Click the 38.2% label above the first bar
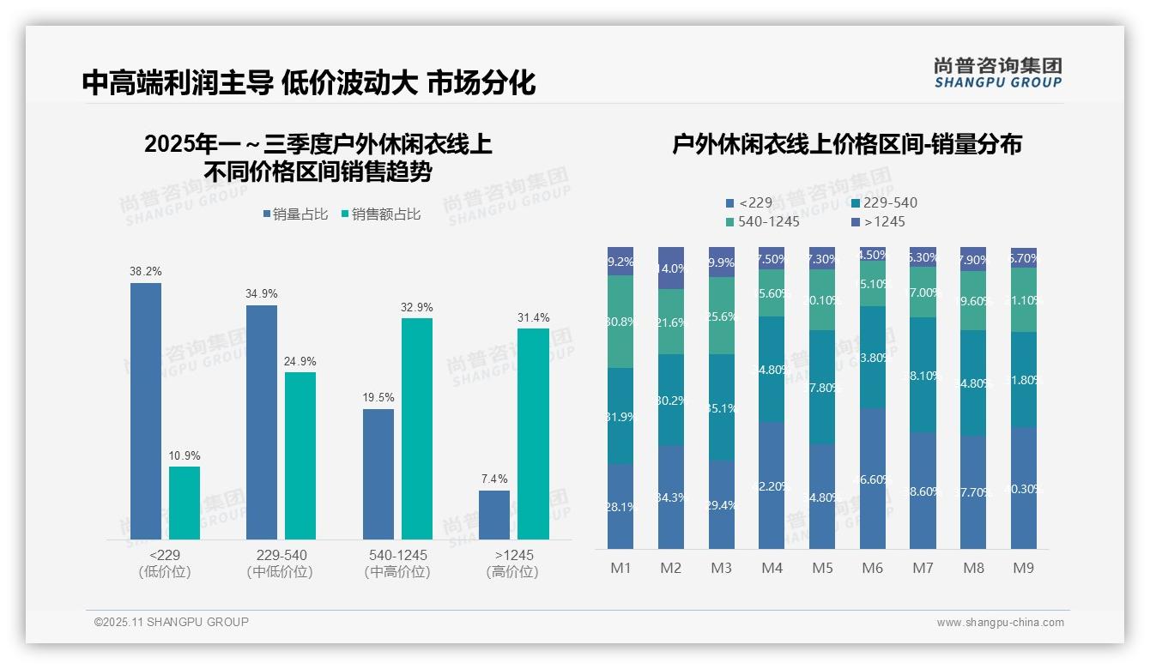[146, 272]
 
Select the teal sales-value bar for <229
[185, 503]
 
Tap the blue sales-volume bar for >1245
[494, 515]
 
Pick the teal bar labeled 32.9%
[417, 428]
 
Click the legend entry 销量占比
[295, 214]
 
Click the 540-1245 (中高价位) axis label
[397, 564]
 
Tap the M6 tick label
[873, 568]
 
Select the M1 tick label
[620, 568]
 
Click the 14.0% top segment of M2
[671, 268]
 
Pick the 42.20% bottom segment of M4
[772, 485]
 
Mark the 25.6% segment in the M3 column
[722, 316]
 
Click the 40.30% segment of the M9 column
[1024, 488]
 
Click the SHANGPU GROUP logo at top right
[997, 73]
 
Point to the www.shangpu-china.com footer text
[1000, 623]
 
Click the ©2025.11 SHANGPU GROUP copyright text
[172, 622]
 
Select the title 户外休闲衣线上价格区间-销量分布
[846, 144]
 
